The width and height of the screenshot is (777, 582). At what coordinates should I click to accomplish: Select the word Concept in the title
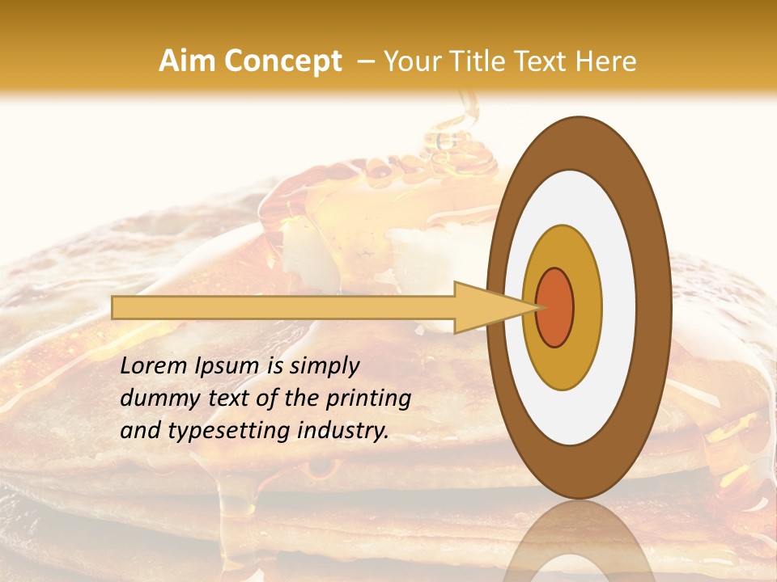click(282, 61)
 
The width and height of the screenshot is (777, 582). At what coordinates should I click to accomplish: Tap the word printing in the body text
click(369, 399)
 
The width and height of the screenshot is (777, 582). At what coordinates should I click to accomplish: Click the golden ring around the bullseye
click(588, 307)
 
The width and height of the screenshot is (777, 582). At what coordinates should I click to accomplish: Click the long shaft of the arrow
click(283, 307)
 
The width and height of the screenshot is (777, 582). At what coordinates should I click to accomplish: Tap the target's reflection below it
click(578, 546)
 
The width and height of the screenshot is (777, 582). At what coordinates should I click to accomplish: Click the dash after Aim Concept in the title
click(365, 61)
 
